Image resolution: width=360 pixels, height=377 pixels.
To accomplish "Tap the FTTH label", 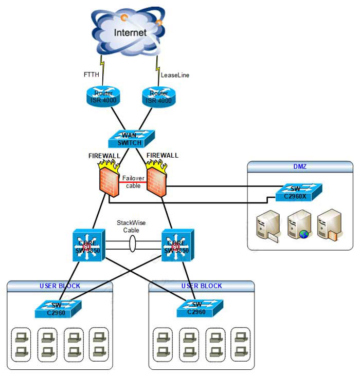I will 92,74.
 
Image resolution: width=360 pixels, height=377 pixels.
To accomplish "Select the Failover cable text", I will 133,181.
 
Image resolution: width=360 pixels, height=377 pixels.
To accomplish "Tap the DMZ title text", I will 300,165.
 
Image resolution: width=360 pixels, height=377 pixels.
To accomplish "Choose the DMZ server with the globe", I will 298,225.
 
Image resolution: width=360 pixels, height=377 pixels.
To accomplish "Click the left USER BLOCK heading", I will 60,286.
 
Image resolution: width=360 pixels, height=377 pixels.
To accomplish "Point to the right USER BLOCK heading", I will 202,286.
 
